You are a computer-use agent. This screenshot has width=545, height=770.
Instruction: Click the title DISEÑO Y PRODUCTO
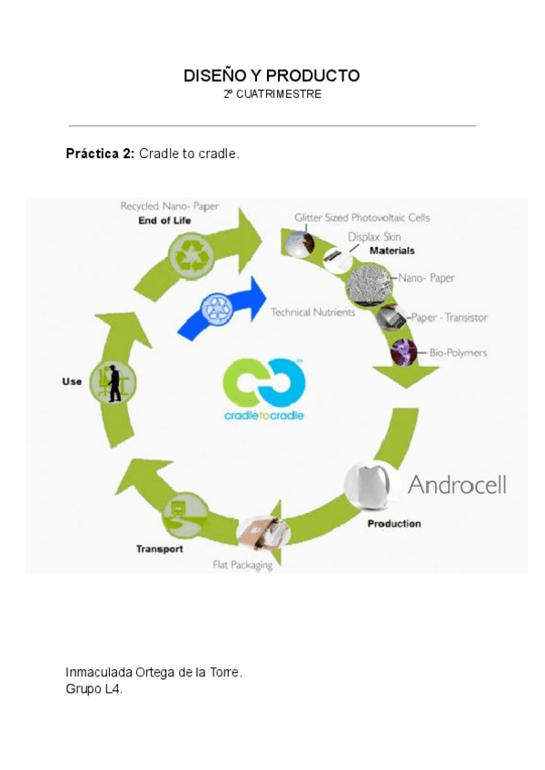tap(272, 76)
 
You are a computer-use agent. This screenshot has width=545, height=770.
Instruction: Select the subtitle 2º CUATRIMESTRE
tap(272, 94)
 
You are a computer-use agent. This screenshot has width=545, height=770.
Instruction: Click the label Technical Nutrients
tap(314, 312)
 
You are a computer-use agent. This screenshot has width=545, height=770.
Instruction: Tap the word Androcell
tap(457, 484)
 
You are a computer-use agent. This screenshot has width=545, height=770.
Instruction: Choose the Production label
tap(393, 524)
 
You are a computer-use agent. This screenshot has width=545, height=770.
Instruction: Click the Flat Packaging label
tap(243, 566)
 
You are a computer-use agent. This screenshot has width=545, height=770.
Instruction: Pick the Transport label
tap(159, 548)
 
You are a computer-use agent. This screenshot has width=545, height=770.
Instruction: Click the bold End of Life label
tap(164, 221)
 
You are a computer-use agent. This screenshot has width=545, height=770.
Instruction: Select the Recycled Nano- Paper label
tap(169, 206)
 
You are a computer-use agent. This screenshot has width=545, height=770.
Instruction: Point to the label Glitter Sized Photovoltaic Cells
tap(362, 218)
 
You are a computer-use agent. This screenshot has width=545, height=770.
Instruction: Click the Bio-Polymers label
tap(458, 352)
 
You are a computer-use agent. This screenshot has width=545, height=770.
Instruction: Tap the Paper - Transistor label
tap(449, 318)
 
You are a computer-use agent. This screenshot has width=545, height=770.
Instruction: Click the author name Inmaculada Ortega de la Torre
tap(154, 672)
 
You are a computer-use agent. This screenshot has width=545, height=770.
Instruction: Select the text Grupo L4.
tap(94, 689)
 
